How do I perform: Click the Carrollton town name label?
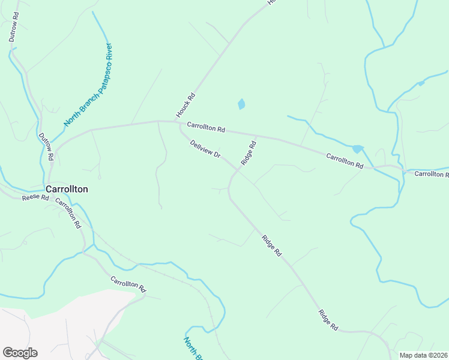[67, 189]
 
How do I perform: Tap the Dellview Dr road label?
[205, 149]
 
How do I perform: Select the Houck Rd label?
[185, 105]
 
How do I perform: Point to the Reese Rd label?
[35, 197]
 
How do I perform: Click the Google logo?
[20, 353]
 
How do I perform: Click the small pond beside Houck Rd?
[241, 104]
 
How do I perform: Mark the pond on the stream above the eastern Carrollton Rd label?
[358, 149]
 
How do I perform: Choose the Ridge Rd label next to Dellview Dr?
[249, 152]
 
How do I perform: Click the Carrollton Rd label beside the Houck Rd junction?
[205, 128]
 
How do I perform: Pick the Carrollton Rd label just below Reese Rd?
[68, 213]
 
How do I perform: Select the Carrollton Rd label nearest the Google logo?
[128, 284]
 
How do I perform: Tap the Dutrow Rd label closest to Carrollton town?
[46, 146]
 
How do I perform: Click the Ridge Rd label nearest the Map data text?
[328, 320]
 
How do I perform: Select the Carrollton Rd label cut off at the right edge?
[431, 174]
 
